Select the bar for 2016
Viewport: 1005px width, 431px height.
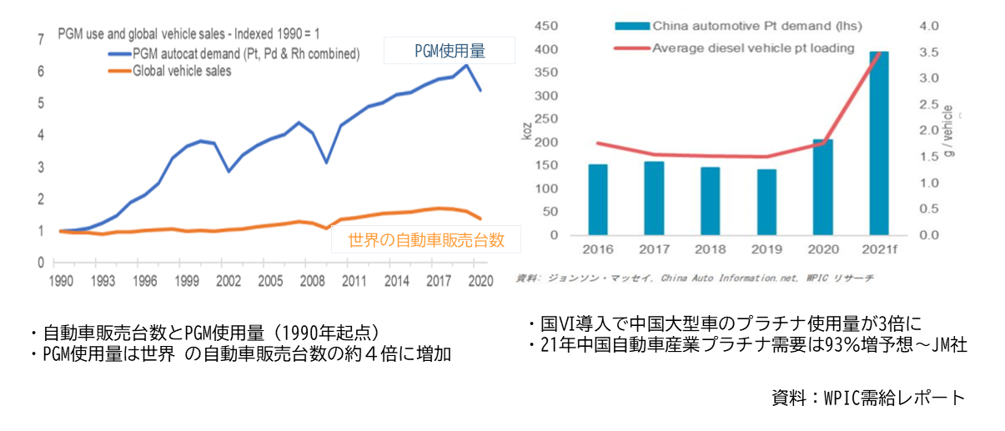598,199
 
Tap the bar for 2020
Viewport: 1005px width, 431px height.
822,187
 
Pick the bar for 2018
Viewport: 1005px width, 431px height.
711,201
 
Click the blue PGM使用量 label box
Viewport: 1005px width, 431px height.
450,52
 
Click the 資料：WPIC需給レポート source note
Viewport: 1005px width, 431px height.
867,398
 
